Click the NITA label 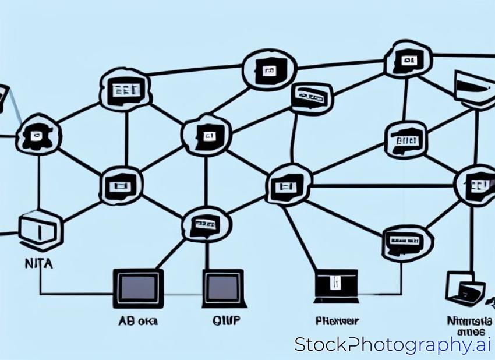38,264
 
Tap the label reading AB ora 138,321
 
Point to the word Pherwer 337,321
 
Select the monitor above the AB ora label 138,287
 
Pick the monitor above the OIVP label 223,287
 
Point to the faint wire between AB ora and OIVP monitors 183,294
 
